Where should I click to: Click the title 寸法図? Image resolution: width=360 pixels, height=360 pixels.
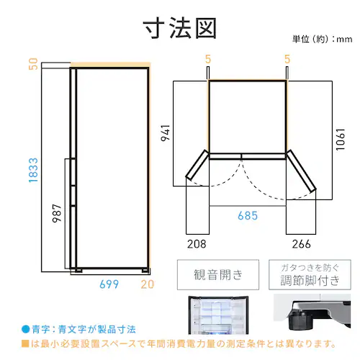180,28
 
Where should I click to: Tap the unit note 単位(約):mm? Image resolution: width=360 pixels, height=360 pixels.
322,39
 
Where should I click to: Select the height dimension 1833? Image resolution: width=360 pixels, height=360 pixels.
33,170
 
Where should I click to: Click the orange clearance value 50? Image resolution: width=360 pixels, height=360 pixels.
33,64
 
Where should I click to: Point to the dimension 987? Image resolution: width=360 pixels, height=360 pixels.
57,213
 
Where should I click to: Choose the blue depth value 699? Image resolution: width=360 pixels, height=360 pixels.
109,284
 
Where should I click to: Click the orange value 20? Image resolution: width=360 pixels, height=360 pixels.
147,284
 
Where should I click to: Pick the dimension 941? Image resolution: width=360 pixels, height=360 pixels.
166,133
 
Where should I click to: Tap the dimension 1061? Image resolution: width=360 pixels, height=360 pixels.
341,140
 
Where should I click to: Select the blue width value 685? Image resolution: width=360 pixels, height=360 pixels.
248,215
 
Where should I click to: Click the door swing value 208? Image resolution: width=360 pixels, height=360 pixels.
197,244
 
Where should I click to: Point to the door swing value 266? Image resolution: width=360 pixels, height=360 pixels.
301,244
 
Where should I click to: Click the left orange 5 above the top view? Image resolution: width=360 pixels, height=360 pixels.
208,59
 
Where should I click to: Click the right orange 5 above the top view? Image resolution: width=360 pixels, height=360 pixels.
287,59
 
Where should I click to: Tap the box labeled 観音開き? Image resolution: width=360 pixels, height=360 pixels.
218,274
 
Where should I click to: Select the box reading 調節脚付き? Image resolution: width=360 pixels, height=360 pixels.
310,274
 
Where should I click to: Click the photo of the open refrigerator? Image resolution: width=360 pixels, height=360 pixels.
218,315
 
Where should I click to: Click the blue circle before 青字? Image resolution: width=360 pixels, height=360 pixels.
25,329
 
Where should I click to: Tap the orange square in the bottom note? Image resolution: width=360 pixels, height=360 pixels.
25,343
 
